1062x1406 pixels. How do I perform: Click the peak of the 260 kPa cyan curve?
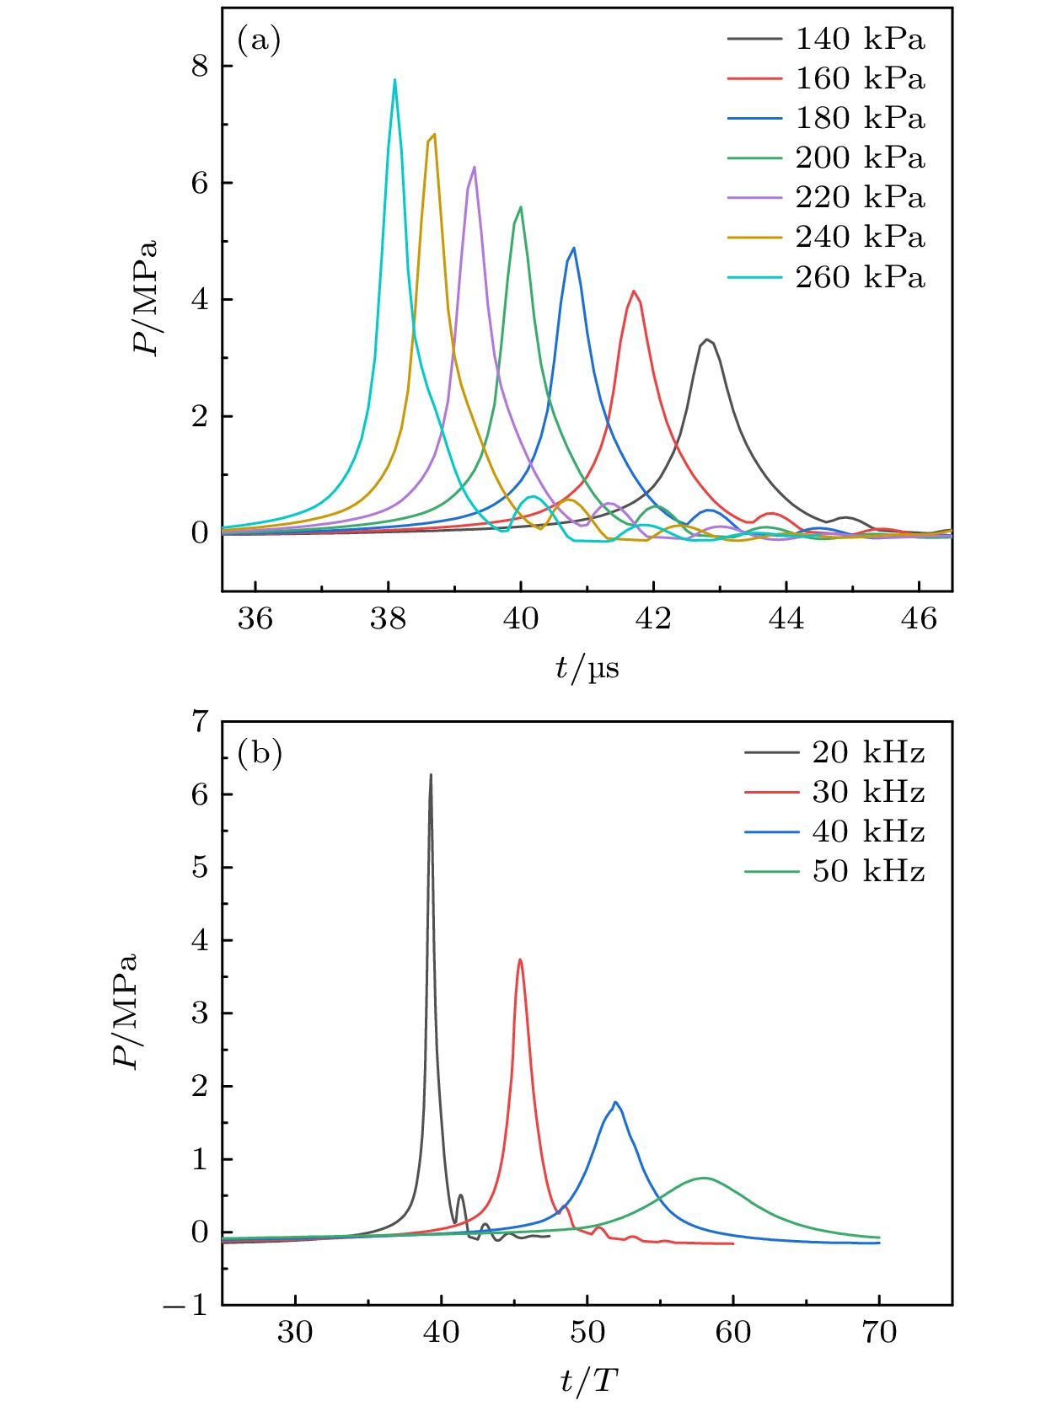394,80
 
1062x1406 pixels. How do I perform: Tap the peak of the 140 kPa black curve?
708,339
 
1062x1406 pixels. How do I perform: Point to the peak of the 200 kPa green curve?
521,206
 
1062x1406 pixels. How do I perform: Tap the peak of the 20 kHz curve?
431,775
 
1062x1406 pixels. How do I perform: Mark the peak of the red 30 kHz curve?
520,960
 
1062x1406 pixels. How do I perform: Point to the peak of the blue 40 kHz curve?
616,1102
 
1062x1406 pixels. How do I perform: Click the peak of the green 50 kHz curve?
704,1178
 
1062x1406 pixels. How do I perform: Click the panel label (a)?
259,40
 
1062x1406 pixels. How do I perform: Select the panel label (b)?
260,752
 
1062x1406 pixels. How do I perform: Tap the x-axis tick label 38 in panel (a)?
388,619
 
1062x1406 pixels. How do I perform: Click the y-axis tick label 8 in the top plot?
200,66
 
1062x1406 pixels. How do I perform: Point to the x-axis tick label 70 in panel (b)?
879,1332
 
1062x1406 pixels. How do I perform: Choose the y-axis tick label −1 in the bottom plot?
186,1305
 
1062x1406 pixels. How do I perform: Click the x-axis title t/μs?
587,668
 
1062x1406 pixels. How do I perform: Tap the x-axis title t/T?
587,1381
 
